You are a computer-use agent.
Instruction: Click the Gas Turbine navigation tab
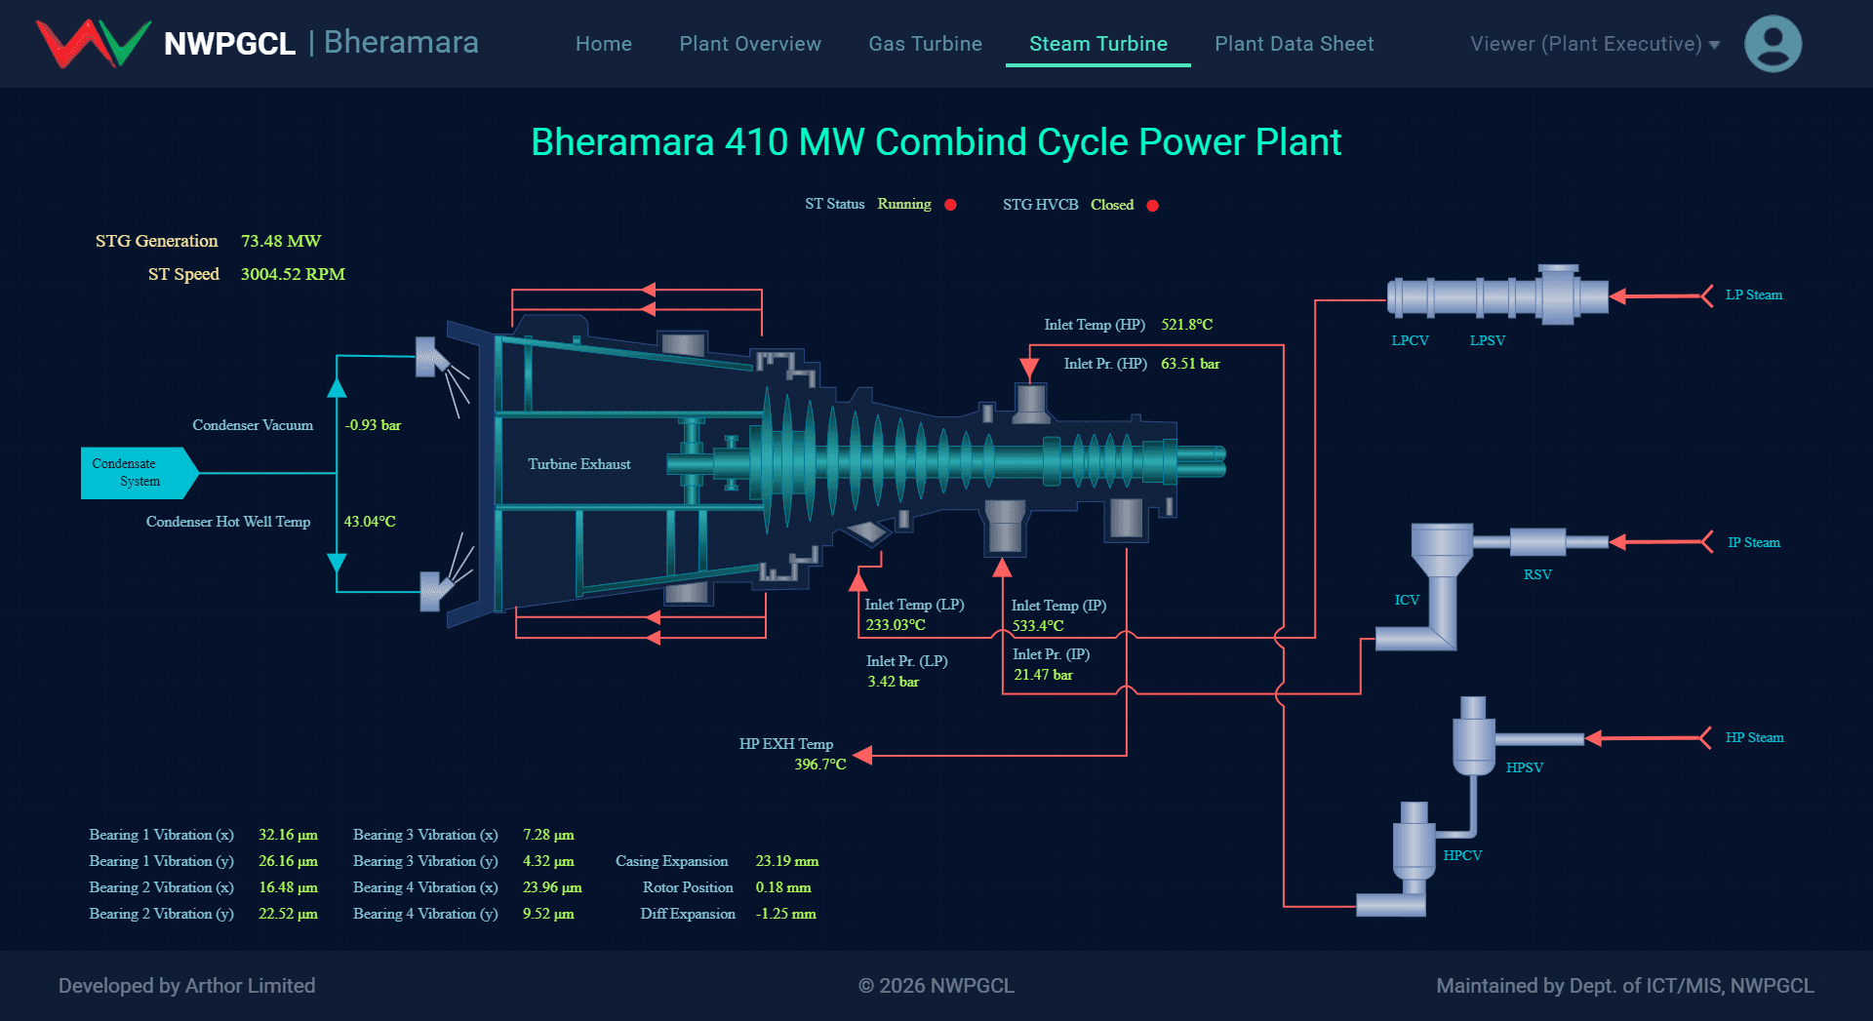click(925, 44)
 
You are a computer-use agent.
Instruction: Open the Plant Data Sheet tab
click(1294, 44)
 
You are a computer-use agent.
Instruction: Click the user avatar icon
click(1773, 44)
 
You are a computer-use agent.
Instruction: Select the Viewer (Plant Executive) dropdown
click(1595, 44)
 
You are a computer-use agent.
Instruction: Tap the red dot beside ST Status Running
click(950, 205)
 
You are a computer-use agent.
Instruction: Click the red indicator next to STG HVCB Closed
click(1152, 206)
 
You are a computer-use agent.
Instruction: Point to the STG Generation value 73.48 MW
click(281, 241)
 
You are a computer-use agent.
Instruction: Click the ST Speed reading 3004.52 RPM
click(293, 274)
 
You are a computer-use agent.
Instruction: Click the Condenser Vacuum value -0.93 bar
click(373, 425)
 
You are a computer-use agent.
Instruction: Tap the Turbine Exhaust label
click(579, 464)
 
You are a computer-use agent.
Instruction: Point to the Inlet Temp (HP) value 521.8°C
click(1187, 325)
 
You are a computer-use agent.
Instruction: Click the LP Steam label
click(1754, 295)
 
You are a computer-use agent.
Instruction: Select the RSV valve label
click(1537, 574)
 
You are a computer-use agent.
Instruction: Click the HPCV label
click(1462, 855)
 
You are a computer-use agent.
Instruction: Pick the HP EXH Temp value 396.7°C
click(820, 765)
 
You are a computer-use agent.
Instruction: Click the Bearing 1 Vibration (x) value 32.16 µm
click(288, 835)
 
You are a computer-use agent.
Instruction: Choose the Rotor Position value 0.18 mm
click(783, 887)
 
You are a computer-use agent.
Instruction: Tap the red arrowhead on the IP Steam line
click(1617, 542)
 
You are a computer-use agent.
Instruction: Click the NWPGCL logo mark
click(94, 44)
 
